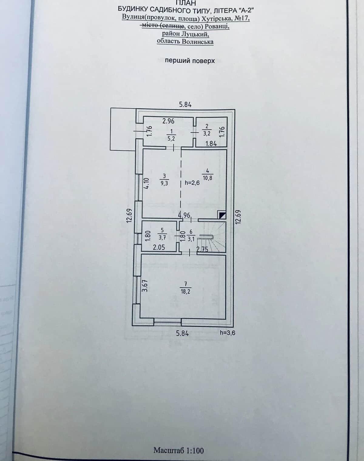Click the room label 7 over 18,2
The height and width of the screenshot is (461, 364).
point(185,288)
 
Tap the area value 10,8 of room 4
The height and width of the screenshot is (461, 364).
point(207,178)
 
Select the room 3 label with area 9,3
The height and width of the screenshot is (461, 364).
point(164,180)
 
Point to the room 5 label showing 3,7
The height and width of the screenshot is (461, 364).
point(162,234)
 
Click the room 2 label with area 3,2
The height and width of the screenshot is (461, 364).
point(207,130)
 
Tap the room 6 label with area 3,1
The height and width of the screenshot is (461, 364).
point(191,235)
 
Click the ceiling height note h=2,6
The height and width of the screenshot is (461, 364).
point(192,183)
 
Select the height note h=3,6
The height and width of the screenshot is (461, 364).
point(227,333)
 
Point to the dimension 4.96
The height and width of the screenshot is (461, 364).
point(184,215)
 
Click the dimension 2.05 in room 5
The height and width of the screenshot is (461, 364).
point(159,247)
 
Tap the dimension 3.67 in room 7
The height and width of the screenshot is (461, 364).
point(145,286)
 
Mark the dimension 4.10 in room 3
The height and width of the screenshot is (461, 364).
point(146,183)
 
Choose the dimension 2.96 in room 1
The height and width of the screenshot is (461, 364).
point(168,121)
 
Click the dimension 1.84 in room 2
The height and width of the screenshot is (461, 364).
point(211,143)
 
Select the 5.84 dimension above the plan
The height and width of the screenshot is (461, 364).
point(185,105)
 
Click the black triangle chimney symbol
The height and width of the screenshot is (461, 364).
point(222,215)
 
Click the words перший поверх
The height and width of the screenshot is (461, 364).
point(190,61)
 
